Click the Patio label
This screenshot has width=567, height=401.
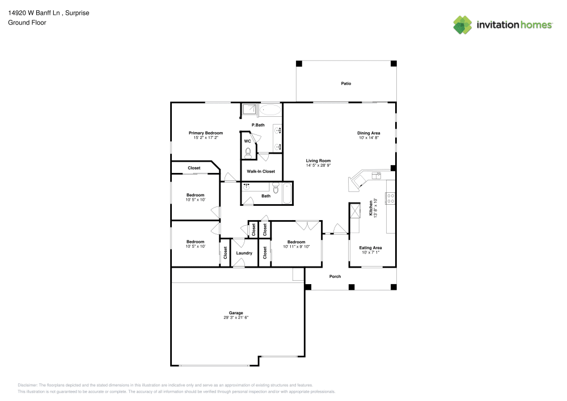(346, 83)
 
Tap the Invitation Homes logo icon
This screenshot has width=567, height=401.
(462, 25)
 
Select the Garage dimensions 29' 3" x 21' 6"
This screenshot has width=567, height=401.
(236, 318)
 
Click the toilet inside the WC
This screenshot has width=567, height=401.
(248, 152)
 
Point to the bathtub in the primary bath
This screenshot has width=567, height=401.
(270, 110)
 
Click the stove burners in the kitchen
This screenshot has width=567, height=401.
(391, 198)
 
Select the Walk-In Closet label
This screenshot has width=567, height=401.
(261, 171)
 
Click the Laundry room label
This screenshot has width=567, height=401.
(244, 253)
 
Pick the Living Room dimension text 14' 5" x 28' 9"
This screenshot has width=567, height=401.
(318, 166)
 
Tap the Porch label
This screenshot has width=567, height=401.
(335, 276)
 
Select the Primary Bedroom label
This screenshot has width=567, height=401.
(206, 133)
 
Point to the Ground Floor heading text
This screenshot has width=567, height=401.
(27, 23)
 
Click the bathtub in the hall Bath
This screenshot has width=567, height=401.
(286, 193)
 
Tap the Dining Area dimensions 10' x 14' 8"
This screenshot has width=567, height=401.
(369, 138)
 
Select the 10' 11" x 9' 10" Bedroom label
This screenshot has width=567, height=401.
(296, 247)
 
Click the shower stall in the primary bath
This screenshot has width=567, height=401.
(249, 110)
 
